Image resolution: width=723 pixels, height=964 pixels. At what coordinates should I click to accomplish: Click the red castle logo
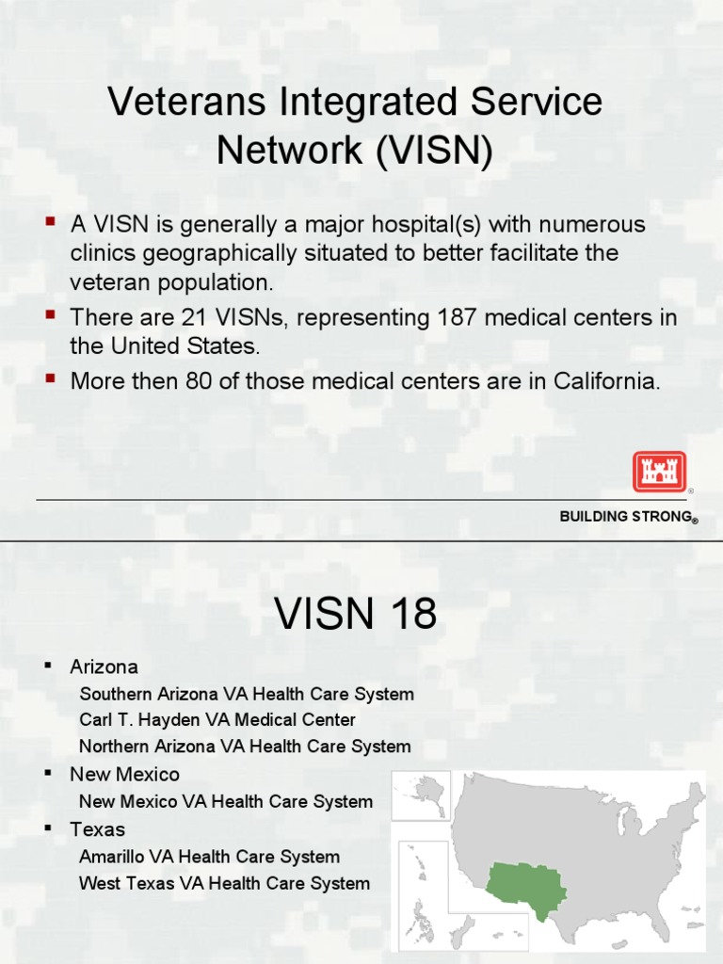[x=659, y=471]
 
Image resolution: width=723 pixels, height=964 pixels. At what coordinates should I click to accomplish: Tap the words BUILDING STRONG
[x=626, y=516]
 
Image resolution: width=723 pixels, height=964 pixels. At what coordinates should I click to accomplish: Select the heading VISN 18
[x=356, y=615]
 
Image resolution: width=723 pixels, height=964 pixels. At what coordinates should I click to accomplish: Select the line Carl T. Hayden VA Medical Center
[x=217, y=720]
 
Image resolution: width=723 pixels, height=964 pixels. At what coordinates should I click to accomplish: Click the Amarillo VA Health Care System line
[x=209, y=857]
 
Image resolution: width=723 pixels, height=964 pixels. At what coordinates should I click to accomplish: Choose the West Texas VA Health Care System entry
[x=224, y=883]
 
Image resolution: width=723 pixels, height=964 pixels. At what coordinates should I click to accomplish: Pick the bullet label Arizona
[x=104, y=667]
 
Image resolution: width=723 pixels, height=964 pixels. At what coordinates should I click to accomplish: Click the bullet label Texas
[x=97, y=829]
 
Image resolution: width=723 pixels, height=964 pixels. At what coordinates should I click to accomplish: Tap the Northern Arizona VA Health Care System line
[x=245, y=747]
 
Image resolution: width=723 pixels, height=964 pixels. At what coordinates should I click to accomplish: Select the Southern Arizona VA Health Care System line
[x=247, y=694]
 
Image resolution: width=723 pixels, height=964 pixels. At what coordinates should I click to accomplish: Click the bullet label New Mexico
[x=124, y=775]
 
